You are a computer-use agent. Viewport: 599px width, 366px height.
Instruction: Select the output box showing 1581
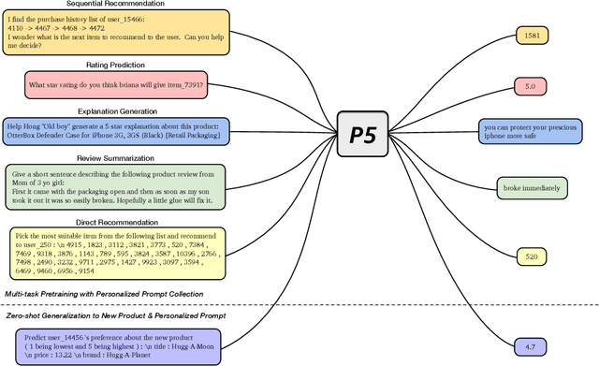click(533, 37)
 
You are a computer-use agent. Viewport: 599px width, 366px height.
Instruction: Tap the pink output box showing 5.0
click(530, 85)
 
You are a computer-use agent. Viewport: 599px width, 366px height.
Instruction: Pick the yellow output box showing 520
click(530, 256)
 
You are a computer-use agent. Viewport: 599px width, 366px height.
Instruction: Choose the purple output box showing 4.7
click(530, 346)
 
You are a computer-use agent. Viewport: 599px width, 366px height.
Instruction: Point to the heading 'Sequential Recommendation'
click(115, 5)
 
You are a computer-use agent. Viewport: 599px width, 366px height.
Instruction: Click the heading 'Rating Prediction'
click(116, 65)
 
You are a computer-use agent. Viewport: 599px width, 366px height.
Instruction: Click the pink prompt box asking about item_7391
click(116, 85)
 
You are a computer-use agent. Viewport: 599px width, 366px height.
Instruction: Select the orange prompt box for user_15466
click(116, 34)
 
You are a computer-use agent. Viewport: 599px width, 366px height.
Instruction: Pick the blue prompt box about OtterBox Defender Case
click(116, 129)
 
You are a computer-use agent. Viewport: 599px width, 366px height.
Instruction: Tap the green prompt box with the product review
click(116, 187)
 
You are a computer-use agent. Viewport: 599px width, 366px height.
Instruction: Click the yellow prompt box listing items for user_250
click(116, 252)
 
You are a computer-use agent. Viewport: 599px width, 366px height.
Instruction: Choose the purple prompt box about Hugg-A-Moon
click(117, 346)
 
